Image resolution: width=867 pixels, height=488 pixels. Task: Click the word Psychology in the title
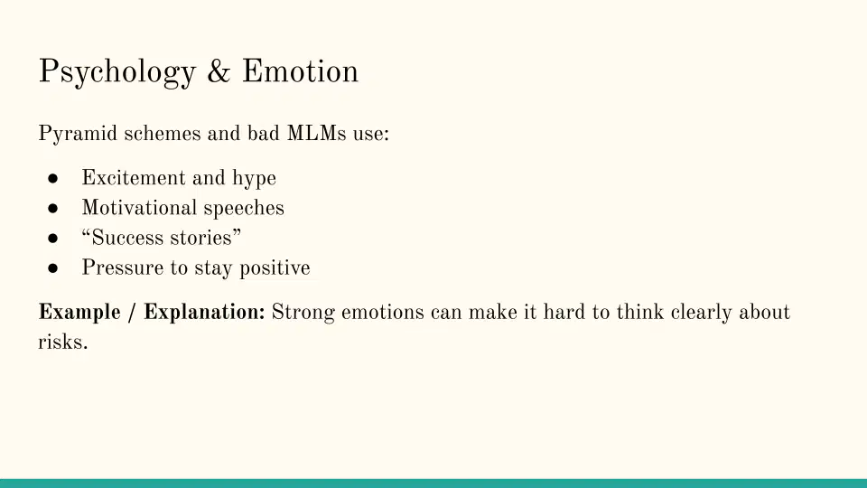pyautogui.click(x=117, y=73)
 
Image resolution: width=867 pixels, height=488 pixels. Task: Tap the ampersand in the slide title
pyautogui.click(x=219, y=71)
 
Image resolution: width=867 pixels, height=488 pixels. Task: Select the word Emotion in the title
pyautogui.click(x=300, y=71)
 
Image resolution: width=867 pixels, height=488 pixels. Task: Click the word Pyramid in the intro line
pyautogui.click(x=78, y=134)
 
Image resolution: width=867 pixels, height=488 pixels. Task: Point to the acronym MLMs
pyautogui.click(x=316, y=134)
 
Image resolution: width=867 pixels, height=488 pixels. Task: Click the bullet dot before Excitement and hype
pyautogui.click(x=53, y=178)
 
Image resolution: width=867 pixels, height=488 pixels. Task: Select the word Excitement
pyautogui.click(x=134, y=178)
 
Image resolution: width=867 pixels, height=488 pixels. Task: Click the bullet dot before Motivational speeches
pyautogui.click(x=53, y=208)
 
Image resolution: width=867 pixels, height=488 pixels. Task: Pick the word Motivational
pyautogui.click(x=139, y=208)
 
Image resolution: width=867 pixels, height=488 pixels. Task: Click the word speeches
pyautogui.click(x=244, y=209)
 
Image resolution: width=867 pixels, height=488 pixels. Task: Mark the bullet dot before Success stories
pyautogui.click(x=53, y=238)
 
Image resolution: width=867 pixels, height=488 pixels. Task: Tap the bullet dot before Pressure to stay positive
pyautogui.click(x=53, y=267)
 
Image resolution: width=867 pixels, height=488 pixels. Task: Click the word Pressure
pyautogui.click(x=123, y=267)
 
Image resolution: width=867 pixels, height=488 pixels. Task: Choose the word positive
pyautogui.click(x=275, y=268)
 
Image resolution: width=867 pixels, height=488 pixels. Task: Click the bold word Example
pyautogui.click(x=79, y=313)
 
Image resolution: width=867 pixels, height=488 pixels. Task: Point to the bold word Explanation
pyautogui.click(x=205, y=313)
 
